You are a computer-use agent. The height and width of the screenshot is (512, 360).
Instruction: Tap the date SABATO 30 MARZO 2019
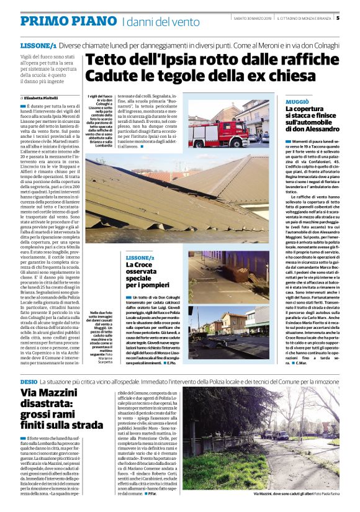[x=252, y=18]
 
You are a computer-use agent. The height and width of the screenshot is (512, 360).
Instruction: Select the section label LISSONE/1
[x=38, y=47]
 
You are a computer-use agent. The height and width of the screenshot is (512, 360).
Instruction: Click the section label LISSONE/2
[x=140, y=257]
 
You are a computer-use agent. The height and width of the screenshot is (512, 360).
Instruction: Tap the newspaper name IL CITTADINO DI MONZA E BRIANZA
[x=303, y=18]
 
